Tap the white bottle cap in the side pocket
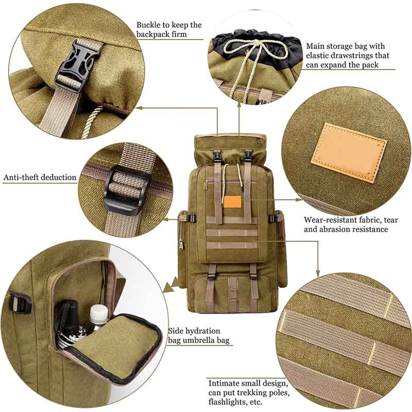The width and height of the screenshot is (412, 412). pos(99,312)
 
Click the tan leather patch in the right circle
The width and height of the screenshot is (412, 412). pos(349,152)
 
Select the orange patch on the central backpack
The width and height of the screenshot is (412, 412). pos(232,202)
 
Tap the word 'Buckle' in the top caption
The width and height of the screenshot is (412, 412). pos(148,25)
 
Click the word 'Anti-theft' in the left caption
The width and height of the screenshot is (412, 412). pos(21,177)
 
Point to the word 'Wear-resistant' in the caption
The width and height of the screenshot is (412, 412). pos(329,220)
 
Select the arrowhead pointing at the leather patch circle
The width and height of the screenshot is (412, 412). pos(299,200)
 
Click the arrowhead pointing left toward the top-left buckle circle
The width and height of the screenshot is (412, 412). pos(139,108)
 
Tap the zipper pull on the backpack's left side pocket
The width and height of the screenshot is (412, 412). pos(182,244)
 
